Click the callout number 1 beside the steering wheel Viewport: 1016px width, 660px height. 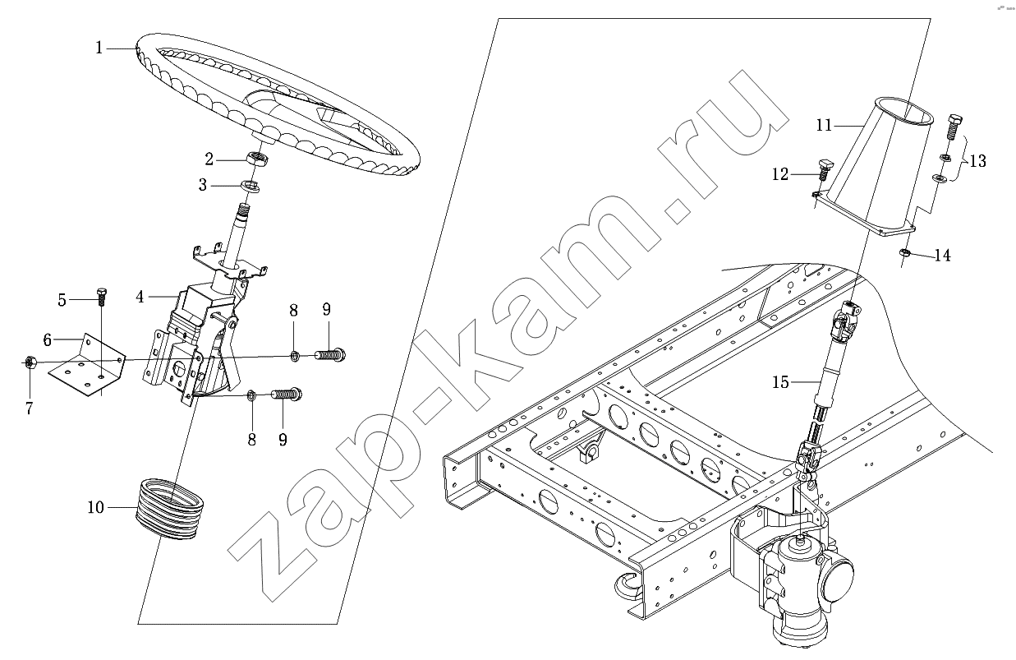pos(99,48)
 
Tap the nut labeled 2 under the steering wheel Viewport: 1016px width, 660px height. pos(258,159)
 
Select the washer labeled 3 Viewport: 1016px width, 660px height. pos(250,186)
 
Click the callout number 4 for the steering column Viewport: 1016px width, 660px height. pos(140,297)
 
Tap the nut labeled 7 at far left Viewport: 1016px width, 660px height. pos(30,362)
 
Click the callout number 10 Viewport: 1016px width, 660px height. pos(96,507)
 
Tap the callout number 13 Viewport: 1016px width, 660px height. pos(978,161)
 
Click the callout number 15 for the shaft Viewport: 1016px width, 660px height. pos(780,382)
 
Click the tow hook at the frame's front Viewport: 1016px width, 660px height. pos(628,587)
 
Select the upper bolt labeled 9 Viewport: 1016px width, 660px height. pos(329,354)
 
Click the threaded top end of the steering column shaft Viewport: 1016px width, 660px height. pos(245,210)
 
